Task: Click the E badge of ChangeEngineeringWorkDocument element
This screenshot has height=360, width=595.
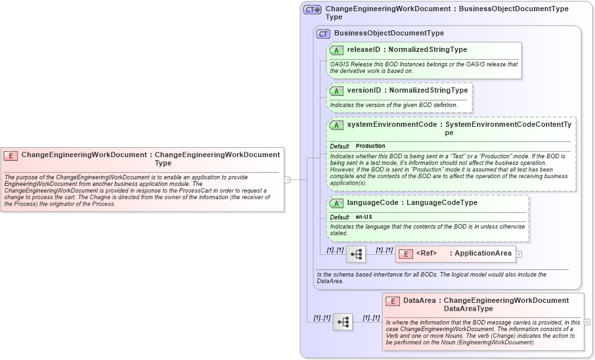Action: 11,156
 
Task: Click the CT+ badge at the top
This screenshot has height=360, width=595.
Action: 312,10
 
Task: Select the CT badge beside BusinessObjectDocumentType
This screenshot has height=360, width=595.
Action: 323,34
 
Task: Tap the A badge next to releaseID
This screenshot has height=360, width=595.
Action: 336,50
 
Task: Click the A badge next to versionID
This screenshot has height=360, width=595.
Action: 336,91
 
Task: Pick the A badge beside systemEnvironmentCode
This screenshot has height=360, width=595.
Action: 336,125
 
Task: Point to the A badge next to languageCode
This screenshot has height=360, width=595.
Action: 336,203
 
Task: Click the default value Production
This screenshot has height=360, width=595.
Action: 370,146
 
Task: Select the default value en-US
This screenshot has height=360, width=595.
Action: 364,217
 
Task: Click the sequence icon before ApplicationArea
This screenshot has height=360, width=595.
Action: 356,254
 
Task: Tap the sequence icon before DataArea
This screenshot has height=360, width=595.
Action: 343,322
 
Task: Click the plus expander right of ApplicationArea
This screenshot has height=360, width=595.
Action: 519,254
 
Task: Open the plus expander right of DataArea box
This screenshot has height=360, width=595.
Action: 587,322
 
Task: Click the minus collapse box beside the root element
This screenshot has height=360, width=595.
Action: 287,179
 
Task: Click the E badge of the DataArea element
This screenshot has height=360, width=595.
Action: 392,301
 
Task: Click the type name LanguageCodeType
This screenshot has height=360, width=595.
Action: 441,203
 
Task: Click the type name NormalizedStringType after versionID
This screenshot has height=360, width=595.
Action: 428,90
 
